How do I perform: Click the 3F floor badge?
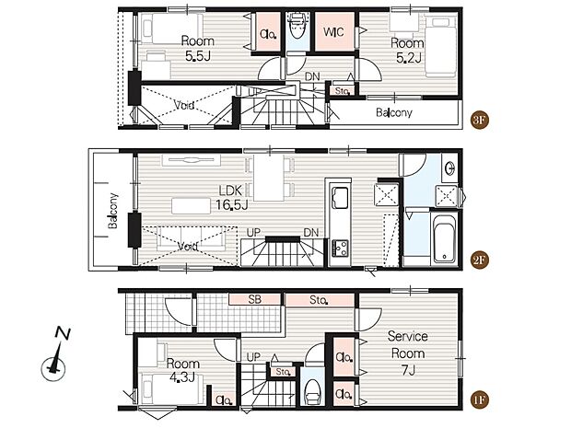tap(479, 120)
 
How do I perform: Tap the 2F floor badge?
tap(479, 260)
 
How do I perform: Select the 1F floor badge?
tap(479, 399)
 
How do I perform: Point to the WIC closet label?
tap(333, 32)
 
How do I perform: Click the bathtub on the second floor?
tap(444, 238)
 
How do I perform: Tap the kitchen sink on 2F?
tap(340, 198)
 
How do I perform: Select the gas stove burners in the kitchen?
tap(340, 248)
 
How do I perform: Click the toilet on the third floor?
tap(297, 26)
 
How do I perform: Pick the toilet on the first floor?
tap(312, 391)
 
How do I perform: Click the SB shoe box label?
tap(254, 299)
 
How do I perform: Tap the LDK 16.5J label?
tap(231, 197)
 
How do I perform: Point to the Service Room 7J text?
tap(407, 353)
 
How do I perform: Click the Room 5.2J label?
tap(407, 51)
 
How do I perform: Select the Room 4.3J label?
tap(182, 370)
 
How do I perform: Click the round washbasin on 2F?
tap(450, 168)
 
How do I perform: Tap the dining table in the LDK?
tap(269, 178)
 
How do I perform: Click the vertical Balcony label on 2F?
tap(113, 211)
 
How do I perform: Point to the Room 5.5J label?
tap(197, 48)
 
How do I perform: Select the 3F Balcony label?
tap(393, 112)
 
